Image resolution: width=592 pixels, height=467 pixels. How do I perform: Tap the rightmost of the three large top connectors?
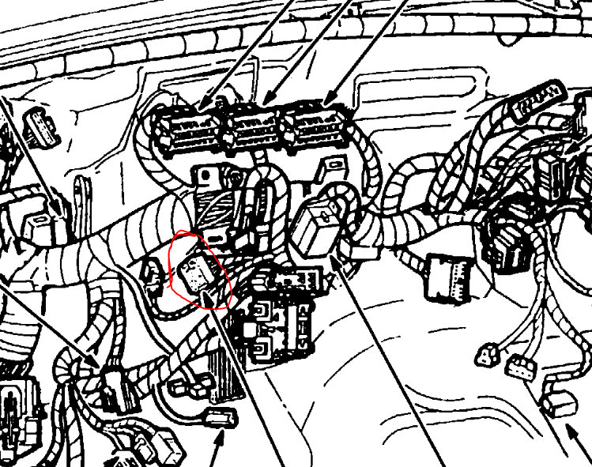tap(316, 127)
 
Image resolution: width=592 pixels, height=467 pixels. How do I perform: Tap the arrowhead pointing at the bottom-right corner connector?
tap(571, 430)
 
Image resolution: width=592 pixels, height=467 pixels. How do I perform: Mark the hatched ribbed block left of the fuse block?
tap(224, 372)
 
